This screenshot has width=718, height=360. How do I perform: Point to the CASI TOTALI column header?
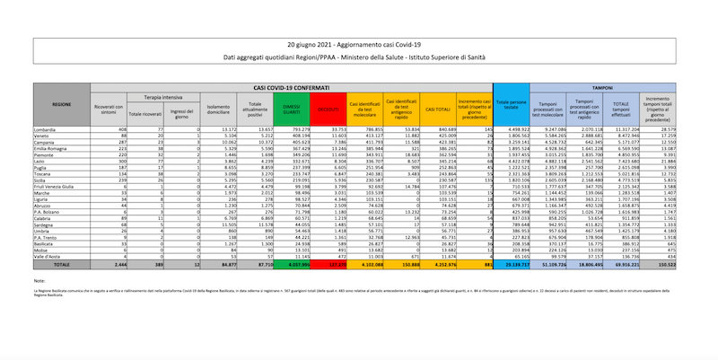coord(438,110)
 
